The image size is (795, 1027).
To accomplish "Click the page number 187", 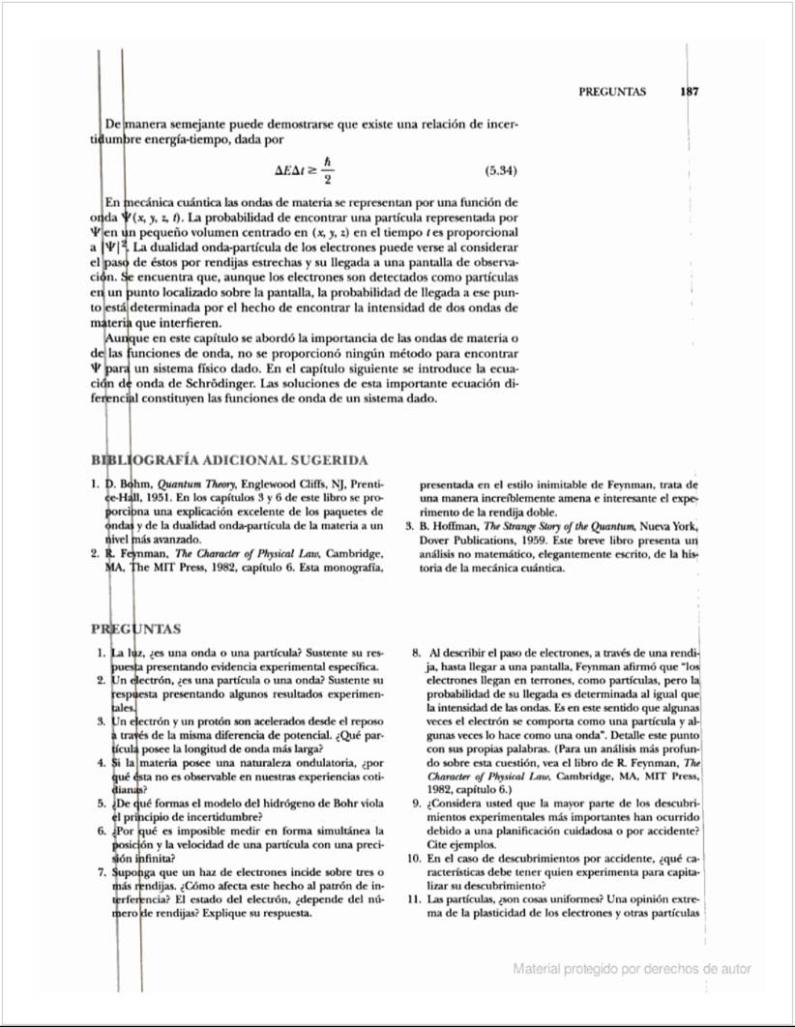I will tap(689, 92).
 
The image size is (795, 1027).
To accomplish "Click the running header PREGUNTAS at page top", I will tap(612, 92).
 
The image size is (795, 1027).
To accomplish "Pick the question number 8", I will tap(417, 653).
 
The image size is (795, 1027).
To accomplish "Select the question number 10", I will tap(413, 858).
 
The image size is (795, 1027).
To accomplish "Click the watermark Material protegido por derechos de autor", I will tap(633, 968).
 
